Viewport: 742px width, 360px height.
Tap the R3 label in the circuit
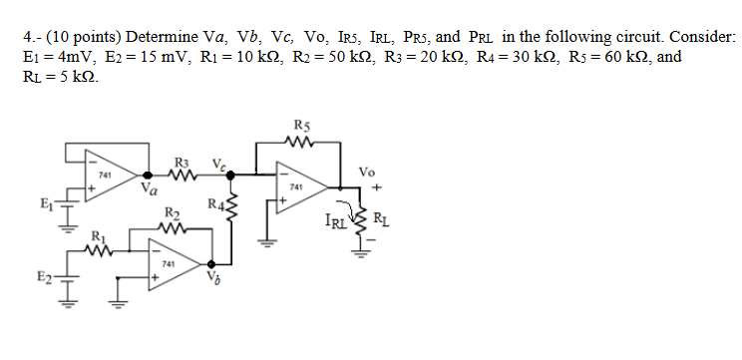pos(181,163)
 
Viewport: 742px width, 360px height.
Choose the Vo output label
pos(375,172)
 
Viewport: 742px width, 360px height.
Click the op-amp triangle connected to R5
pos(298,185)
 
